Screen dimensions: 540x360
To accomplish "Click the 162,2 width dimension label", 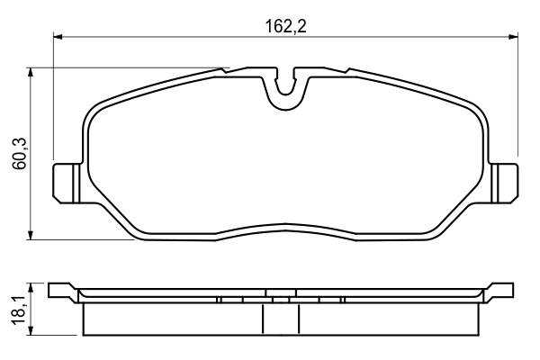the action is coord(285,26).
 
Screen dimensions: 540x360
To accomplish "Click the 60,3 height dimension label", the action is coord(20,153).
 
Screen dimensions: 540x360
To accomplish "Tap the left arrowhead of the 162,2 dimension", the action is coord(58,37).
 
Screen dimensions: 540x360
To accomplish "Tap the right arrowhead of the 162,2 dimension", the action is coord(513,37).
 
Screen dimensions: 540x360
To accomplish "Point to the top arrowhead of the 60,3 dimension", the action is coord(31,72).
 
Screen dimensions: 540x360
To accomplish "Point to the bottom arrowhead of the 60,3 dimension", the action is coord(31,235).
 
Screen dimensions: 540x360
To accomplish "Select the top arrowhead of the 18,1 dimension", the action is coord(31,288).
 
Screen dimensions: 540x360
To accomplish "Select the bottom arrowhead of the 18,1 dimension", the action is coord(31,330).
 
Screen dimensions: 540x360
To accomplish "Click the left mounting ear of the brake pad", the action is coord(67,184).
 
